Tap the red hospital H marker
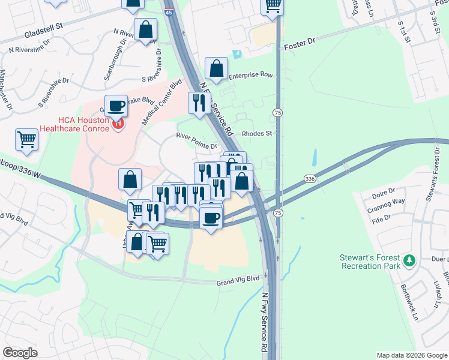[118, 125]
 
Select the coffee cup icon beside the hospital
[116, 106]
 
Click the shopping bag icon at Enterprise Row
[217, 70]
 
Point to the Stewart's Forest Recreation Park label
[370, 261]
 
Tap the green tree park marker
[409, 260]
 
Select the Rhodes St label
[257, 134]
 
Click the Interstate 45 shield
[169, 11]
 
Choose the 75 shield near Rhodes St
[277, 113]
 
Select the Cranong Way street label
[388, 202]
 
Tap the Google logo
[20, 353]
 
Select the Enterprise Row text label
[250, 76]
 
